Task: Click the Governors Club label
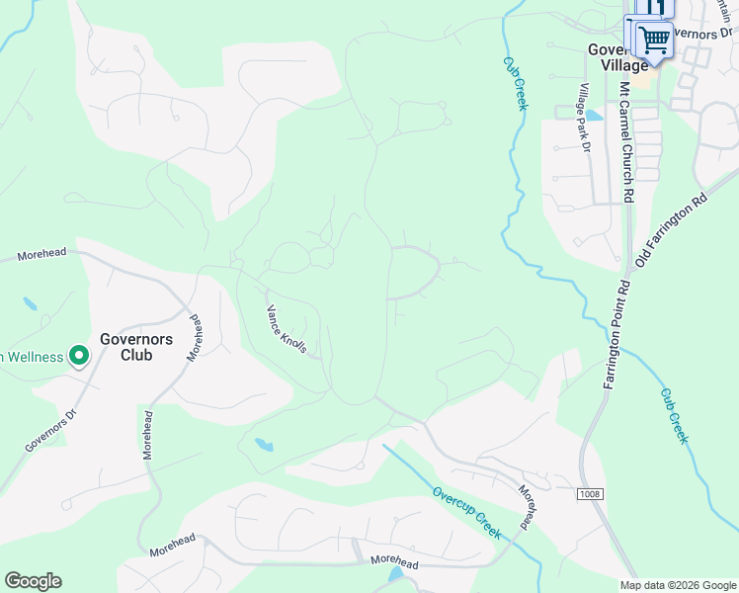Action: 135,347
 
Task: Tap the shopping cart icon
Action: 653,41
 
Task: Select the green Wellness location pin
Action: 76,357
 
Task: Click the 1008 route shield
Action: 590,492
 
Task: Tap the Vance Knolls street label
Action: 287,329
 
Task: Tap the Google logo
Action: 33,581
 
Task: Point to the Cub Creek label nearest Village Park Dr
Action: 516,82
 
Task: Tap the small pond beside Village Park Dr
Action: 593,115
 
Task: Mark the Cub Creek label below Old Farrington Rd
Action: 674,413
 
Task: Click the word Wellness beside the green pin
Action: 30,357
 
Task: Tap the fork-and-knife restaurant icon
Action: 649,7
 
